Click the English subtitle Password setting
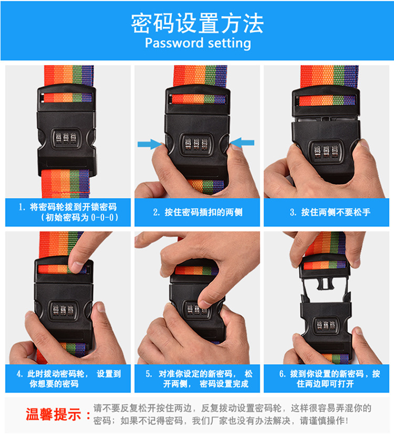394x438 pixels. (x=198, y=43)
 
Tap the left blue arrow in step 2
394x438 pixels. (x=149, y=143)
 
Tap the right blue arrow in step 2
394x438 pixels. (x=243, y=142)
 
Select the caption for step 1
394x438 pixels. (x=68, y=212)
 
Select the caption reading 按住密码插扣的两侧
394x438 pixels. (x=198, y=212)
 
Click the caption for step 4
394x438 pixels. (x=68, y=379)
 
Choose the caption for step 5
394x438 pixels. (x=198, y=379)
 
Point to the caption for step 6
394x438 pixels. (x=327, y=379)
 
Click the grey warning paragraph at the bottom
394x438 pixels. (x=232, y=414)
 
